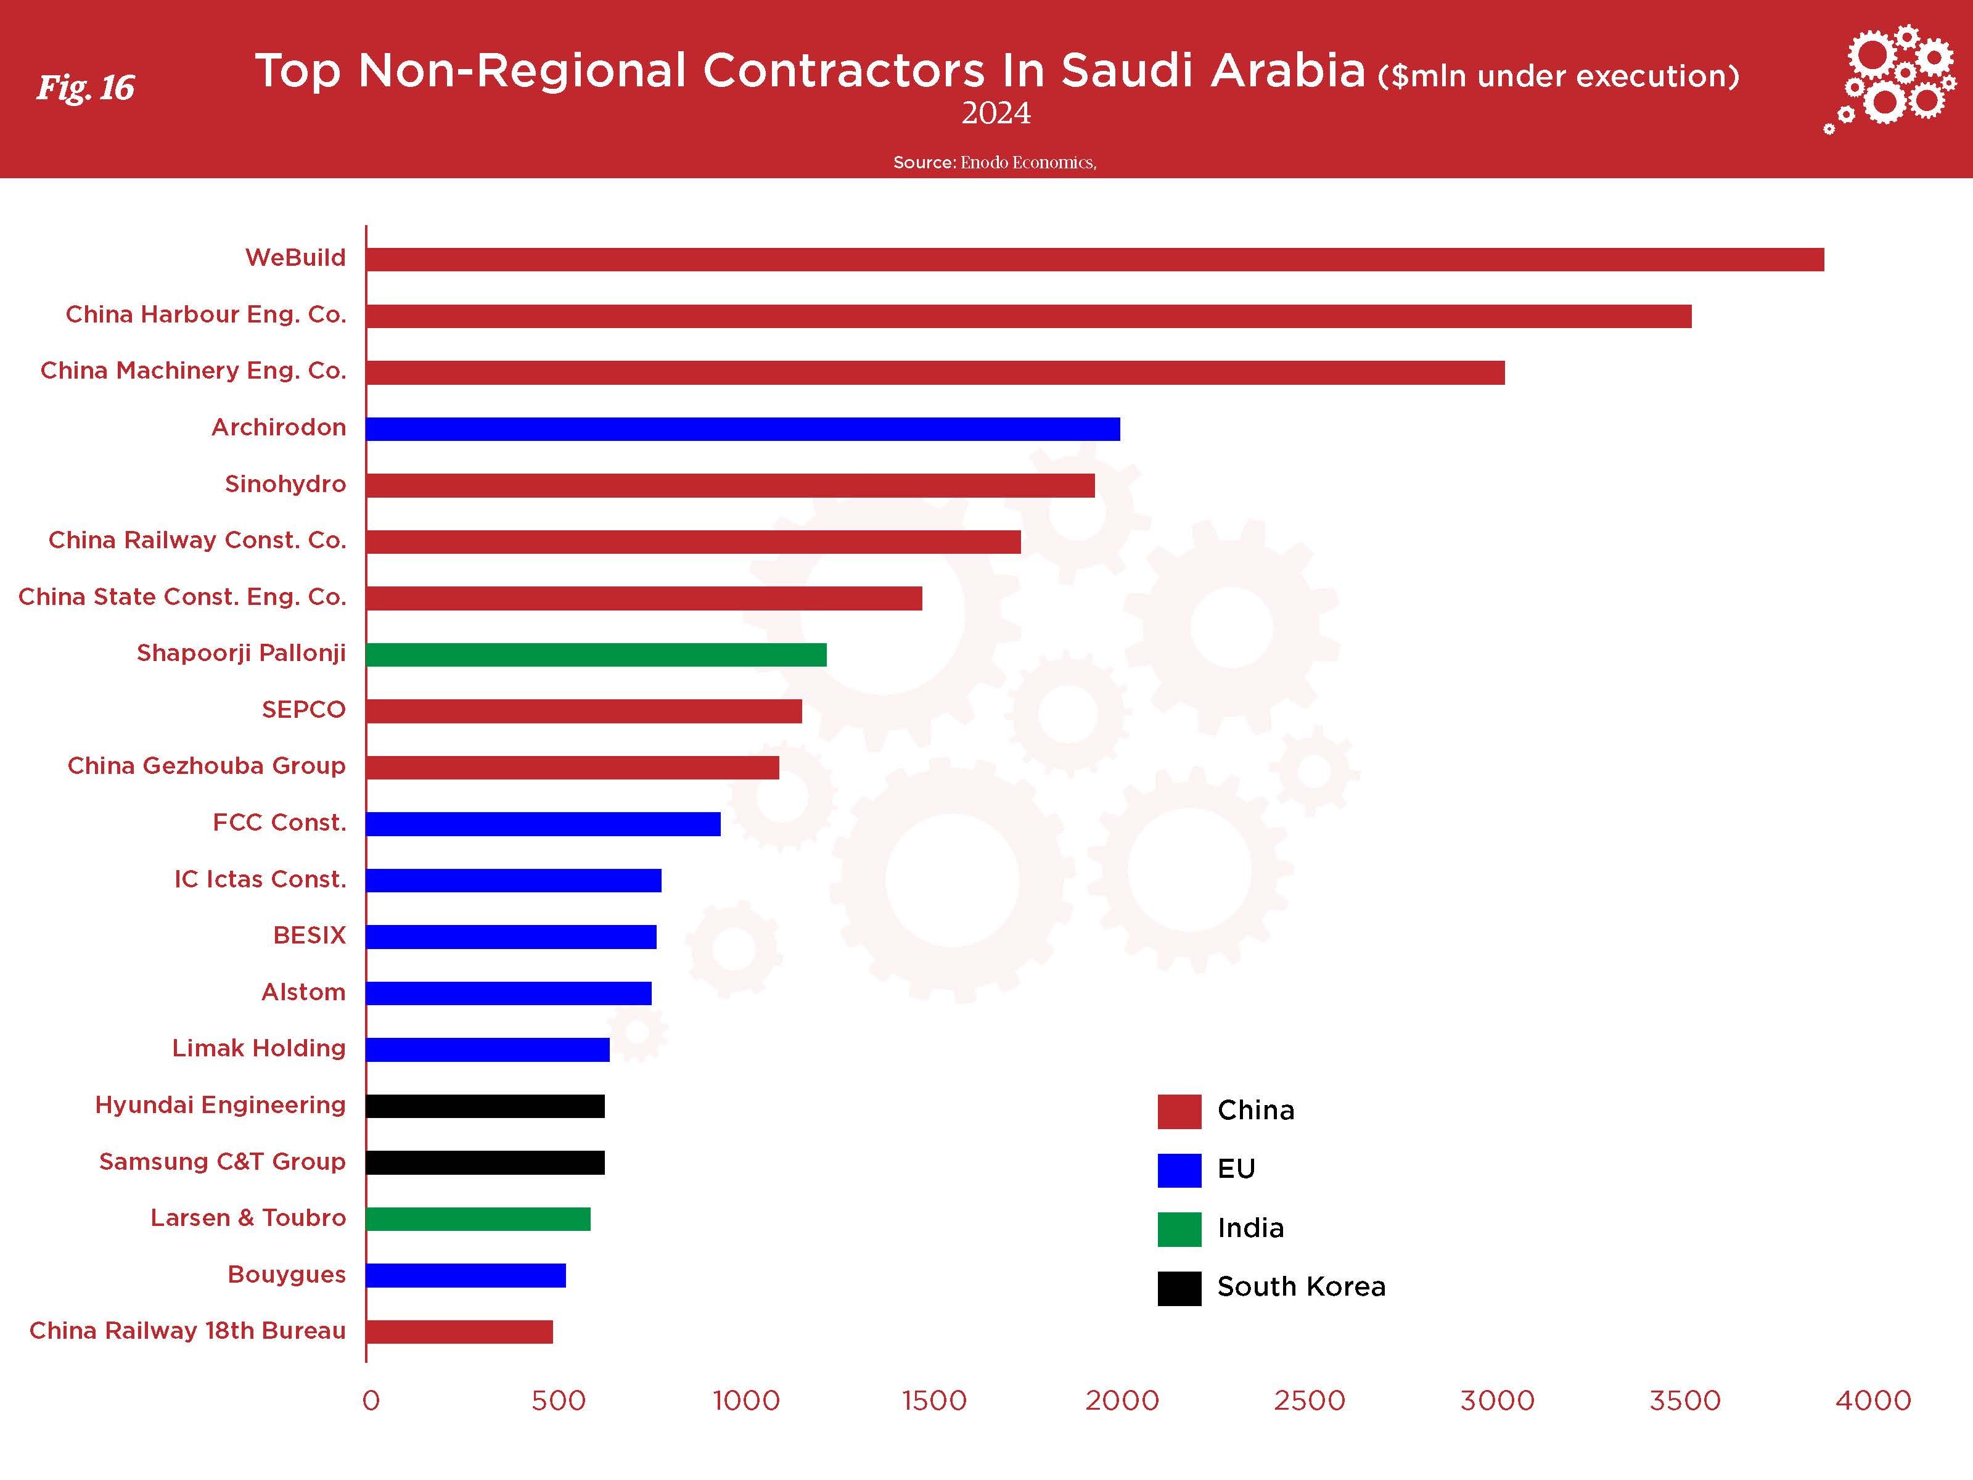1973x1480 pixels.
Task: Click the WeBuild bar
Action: [x=1094, y=260]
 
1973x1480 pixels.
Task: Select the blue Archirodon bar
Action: [x=743, y=429]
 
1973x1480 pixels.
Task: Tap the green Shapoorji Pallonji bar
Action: [x=596, y=655]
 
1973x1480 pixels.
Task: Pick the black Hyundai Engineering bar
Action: [x=485, y=1106]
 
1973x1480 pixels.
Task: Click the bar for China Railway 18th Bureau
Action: [x=459, y=1332]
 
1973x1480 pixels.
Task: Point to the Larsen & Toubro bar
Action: [x=478, y=1219]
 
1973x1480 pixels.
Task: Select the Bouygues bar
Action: [x=466, y=1276]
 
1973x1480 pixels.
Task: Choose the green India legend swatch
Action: [x=1179, y=1229]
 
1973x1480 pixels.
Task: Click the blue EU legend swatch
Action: [x=1179, y=1170]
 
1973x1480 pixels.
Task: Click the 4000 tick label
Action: [x=1873, y=1400]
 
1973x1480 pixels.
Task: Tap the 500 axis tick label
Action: [x=559, y=1400]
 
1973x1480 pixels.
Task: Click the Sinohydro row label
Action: [x=285, y=485]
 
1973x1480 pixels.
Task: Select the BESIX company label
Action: [x=310, y=936]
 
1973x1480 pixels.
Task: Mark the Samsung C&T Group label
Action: [x=222, y=1162]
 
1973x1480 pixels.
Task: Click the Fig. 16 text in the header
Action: [x=86, y=88]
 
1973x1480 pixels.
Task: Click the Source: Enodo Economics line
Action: [x=995, y=162]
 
